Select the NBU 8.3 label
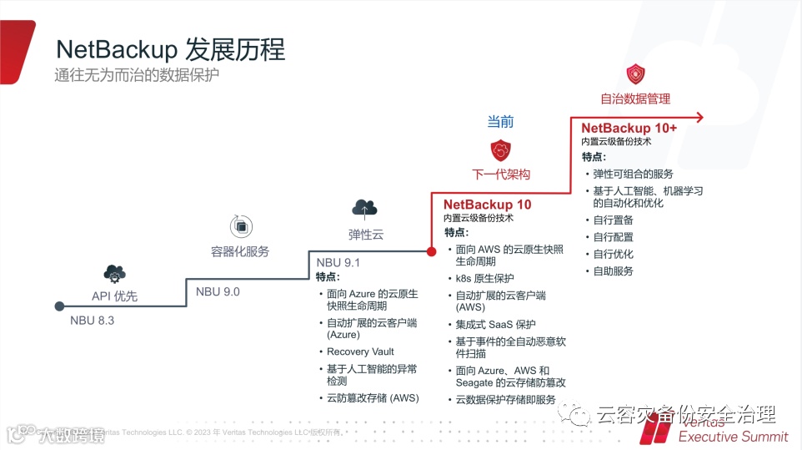[92, 321]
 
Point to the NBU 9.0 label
[218, 291]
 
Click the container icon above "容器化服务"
[240, 225]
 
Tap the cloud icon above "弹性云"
[365, 208]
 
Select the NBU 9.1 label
[338, 263]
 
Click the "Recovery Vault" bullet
[360, 351]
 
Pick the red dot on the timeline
[431, 250]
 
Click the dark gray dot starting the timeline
[59, 306]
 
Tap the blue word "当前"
[501, 121]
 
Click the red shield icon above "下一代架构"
[501, 151]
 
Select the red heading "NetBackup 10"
[487, 204]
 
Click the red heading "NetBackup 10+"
[629, 128]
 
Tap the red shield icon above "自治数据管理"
[636, 73]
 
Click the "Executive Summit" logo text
[733, 436]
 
